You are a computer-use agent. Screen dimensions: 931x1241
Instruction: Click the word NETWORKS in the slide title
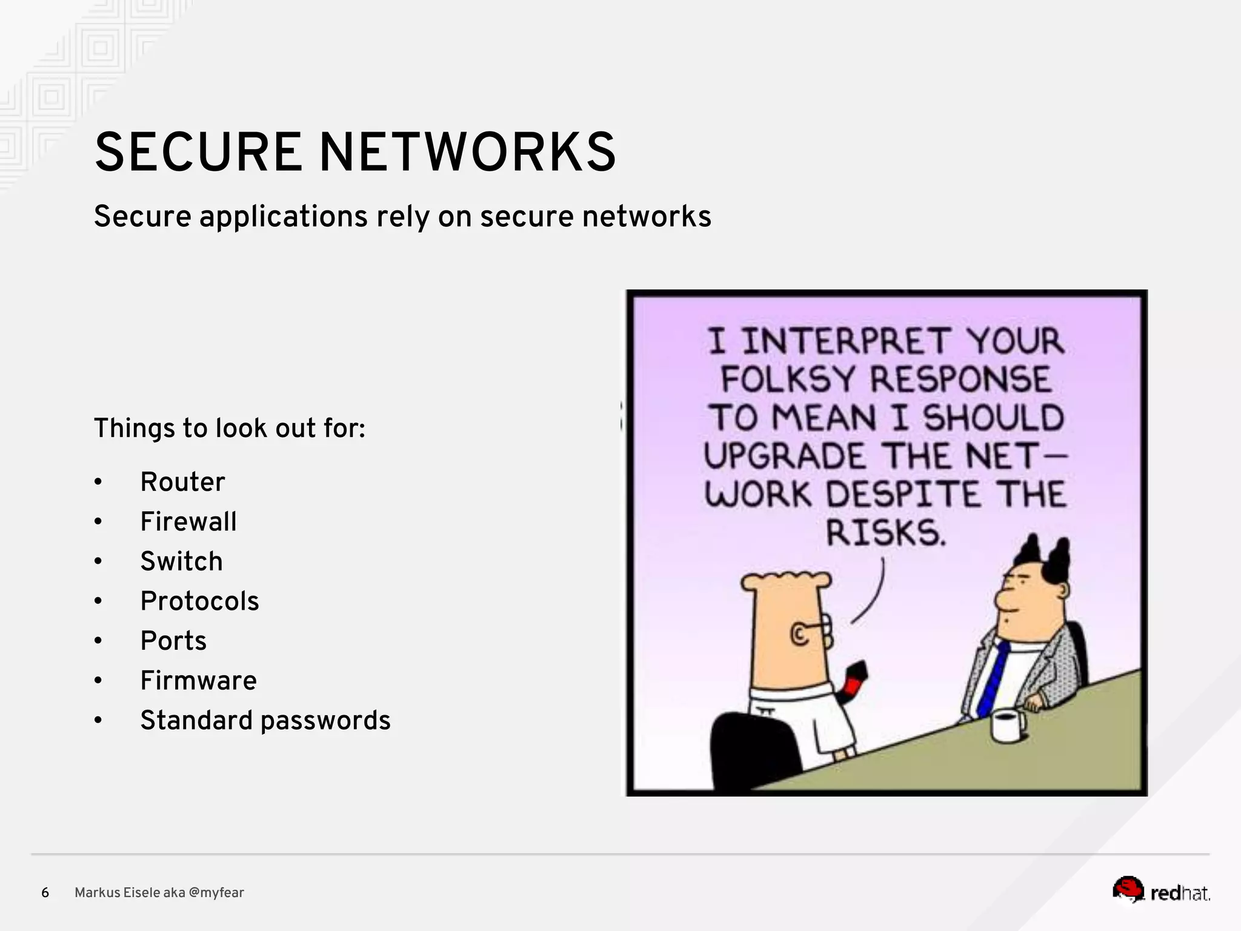[x=467, y=152]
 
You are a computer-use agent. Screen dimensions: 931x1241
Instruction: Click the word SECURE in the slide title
[x=198, y=152]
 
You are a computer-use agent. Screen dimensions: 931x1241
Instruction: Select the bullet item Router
[x=182, y=482]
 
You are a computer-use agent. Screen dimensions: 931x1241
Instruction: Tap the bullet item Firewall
[x=188, y=522]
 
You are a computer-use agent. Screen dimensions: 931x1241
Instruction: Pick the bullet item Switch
[x=181, y=561]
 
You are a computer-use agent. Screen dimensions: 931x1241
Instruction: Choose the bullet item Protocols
[x=199, y=601]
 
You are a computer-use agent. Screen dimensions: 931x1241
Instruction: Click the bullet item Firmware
[x=198, y=681]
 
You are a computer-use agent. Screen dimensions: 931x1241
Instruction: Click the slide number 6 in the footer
[x=45, y=893]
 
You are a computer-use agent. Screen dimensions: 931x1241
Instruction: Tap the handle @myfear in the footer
[x=216, y=893]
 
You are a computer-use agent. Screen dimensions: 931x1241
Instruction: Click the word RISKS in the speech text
[x=885, y=533]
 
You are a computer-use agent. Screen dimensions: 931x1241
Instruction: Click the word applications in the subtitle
[x=284, y=217]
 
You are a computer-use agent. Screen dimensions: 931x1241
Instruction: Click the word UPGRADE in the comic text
[x=785, y=456]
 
